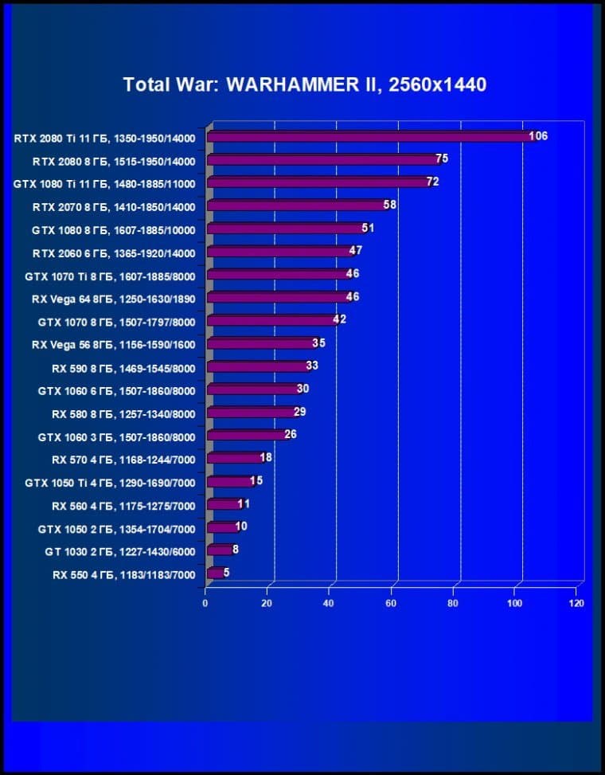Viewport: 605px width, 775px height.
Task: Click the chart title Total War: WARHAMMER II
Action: (304, 84)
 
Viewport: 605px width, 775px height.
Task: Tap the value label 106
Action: (539, 136)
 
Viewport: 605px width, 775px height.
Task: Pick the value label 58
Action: (389, 205)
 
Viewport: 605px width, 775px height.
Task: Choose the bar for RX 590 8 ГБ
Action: (256, 367)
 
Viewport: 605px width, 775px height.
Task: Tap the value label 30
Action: (302, 389)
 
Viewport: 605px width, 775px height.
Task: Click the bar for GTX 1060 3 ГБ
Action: (245, 436)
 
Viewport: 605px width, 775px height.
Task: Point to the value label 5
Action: (227, 572)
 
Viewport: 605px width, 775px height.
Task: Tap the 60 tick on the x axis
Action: (391, 603)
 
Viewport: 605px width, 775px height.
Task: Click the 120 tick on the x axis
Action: (576, 603)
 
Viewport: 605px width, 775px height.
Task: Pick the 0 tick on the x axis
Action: (205, 603)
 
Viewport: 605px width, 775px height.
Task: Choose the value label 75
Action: (442, 159)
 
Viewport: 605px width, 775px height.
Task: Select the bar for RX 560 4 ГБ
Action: (222, 504)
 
